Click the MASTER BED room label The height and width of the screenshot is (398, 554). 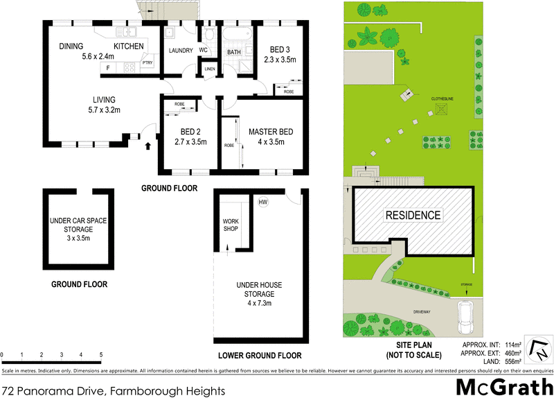(x=262, y=132)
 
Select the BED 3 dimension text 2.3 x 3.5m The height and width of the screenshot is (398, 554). (x=280, y=60)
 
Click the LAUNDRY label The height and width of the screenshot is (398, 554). (x=181, y=51)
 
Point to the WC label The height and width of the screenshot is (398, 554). (x=204, y=51)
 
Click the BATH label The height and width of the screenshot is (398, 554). (x=234, y=52)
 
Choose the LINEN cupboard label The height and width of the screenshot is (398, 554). (x=209, y=69)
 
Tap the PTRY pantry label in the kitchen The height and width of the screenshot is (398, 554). (x=148, y=63)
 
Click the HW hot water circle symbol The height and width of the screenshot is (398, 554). (x=263, y=202)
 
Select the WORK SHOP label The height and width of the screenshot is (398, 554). (x=231, y=224)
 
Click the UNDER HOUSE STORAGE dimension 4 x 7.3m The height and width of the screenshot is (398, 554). (x=258, y=303)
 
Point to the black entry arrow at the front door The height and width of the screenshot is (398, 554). (x=148, y=146)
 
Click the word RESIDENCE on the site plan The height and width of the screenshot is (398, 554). (x=413, y=215)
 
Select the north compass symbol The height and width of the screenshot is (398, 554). (x=537, y=349)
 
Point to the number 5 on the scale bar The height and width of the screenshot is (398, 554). (x=102, y=354)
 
